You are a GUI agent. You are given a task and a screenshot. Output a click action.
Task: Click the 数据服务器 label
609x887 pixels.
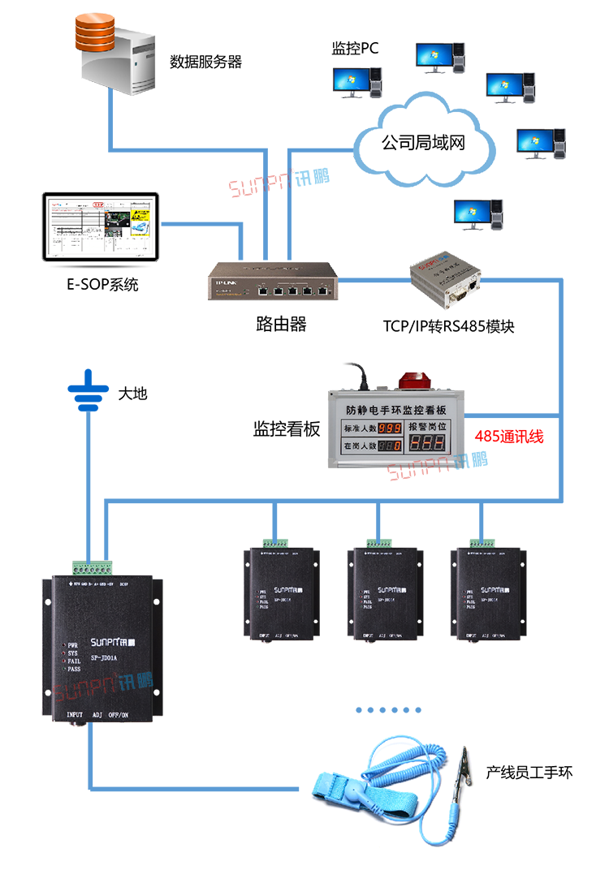pos(205,62)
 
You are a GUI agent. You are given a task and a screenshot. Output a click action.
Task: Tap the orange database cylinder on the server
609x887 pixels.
pos(95,32)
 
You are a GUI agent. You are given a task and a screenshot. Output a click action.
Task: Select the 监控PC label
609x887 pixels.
pos(355,49)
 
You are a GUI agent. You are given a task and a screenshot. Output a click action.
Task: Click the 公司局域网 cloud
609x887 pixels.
pos(423,144)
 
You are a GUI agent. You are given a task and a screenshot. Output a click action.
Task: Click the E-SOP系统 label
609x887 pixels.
pos(102,285)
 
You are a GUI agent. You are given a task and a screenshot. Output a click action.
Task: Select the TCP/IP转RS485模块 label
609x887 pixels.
pos(449,326)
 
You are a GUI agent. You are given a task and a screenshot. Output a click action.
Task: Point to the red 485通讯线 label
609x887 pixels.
pos(509,437)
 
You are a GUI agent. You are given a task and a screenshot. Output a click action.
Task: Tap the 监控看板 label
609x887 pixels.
pos(287,429)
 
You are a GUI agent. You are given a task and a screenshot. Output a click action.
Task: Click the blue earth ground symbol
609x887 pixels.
pos(88,390)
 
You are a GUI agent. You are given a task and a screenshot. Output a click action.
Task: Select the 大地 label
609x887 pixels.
pos(132,394)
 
